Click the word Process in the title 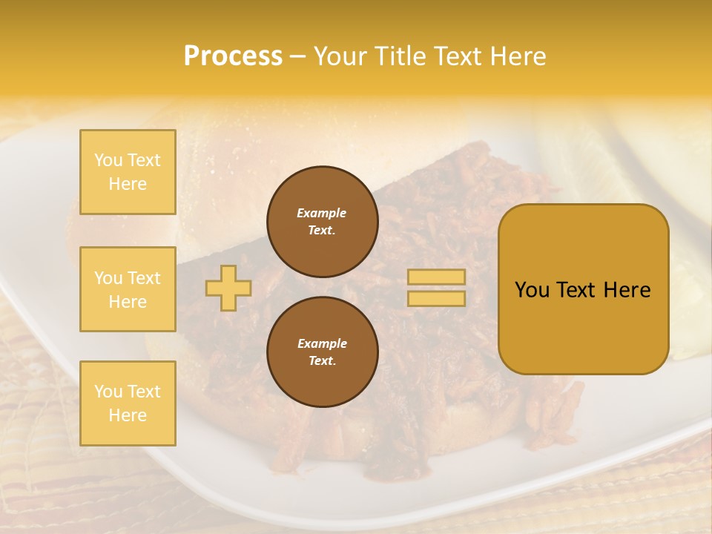233,56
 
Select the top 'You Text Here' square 128,172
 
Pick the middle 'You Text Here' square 128,289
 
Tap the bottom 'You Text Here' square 128,403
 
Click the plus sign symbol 228,288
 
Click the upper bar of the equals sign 436,277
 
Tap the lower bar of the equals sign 436,298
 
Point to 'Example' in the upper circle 322,213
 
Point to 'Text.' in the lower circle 322,360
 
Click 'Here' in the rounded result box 627,290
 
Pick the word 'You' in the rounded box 532,290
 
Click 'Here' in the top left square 128,184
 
